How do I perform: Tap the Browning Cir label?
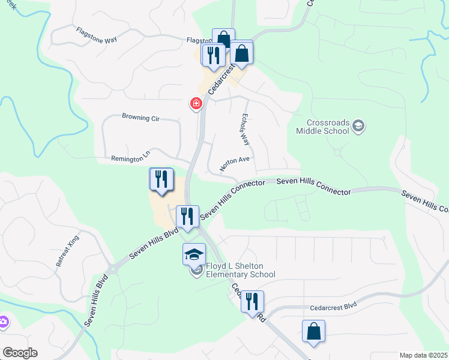(140, 118)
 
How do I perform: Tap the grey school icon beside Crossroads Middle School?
(359, 126)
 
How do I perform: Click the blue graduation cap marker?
(194, 254)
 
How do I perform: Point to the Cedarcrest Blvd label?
(333, 305)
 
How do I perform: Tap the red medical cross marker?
(196, 104)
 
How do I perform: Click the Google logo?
(19, 353)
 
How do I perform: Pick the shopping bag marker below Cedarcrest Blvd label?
(313, 331)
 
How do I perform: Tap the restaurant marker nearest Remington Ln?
(161, 179)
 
